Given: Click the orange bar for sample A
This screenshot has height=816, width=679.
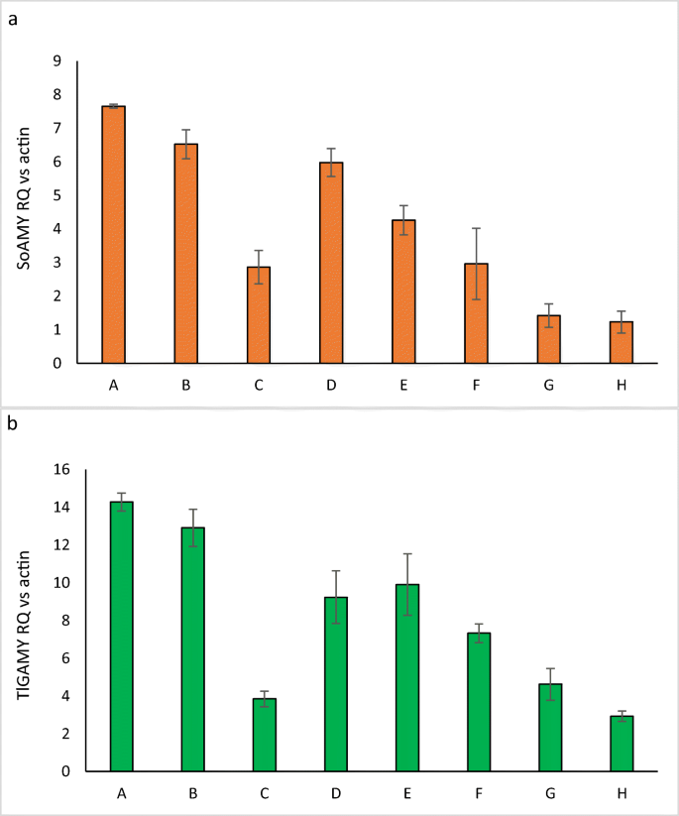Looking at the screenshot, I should [x=113, y=234].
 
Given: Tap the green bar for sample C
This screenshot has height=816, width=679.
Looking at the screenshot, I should [x=264, y=734].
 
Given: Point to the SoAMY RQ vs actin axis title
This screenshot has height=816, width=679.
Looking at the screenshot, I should [x=22, y=212].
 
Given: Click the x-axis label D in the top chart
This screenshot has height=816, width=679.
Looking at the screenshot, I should [x=330, y=386].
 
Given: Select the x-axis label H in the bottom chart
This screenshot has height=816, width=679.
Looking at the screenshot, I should [x=622, y=794].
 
